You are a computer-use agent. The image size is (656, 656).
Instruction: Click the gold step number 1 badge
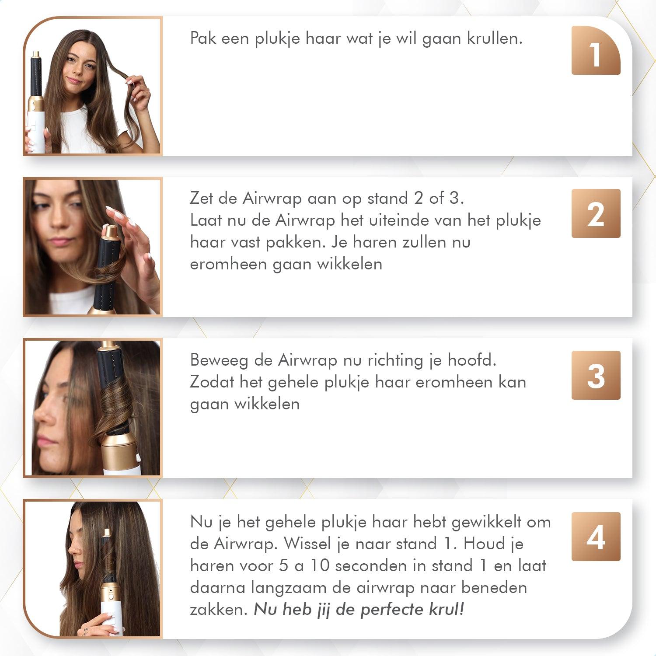pyautogui.click(x=596, y=50)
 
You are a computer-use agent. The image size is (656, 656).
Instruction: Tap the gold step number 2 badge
pyautogui.click(x=596, y=213)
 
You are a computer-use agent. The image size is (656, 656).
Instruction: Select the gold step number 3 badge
pyautogui.click(x=596, y=375)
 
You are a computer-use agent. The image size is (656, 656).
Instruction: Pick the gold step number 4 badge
pyautogui.click(x=596, y=537)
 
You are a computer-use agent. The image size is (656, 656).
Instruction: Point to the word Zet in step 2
pyautogui.click(x=202, y=199)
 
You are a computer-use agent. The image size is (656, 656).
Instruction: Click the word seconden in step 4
pyautogui.click(x=380, y=565)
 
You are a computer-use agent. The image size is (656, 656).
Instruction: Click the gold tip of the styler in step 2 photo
pyautogui.click(x=110, y=230)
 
